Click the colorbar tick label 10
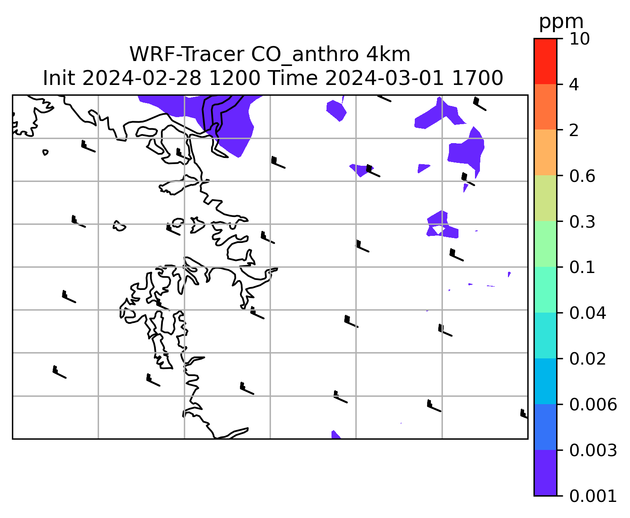pos(579,39)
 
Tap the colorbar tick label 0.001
pos(592,496)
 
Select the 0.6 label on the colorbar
pos(582,176)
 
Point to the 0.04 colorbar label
pos(587,313)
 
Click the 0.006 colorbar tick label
pos(592,405)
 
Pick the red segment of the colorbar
pos(545,61)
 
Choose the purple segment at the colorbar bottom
pos(545,473)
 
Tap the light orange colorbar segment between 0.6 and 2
pos(545,152)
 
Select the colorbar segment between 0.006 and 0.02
pos(545,381)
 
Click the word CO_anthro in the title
pos(305,55)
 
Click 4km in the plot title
pos(388,54)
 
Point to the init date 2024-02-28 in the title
pos(141,78)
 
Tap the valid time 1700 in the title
pos(477,78)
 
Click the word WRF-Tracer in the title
pos(186,54)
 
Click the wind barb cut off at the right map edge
pos(524,413)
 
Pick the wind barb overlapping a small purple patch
pos(373,171)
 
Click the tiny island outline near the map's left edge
pos(45,152)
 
